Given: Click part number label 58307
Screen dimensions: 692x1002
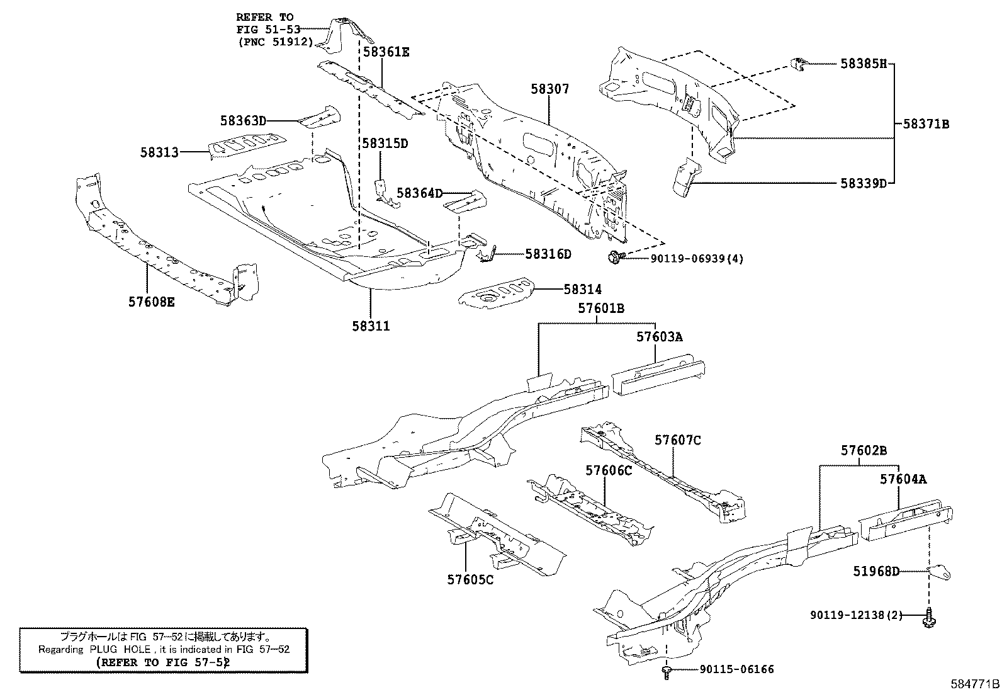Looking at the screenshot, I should [549, 89].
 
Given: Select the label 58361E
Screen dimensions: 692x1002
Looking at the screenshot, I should [386, 52].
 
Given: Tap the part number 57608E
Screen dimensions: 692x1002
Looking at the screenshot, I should [152, 302].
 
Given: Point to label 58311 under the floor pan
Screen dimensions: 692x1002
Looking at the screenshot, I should [371, 326].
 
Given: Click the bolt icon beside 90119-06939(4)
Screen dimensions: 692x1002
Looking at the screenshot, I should [615, 257].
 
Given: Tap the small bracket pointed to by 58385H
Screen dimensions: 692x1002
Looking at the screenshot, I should [799, 64].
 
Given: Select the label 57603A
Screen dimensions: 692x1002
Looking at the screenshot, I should [659, 337].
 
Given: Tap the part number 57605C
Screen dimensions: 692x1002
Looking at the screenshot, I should [470, 579].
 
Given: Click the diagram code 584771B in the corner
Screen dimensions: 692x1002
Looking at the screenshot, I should [974, 684].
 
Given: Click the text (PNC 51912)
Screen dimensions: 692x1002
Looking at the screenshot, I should [275, 42].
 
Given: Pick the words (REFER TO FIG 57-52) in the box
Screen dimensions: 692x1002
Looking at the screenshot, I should [163, 662].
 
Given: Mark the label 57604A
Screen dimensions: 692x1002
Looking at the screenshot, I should [903, 479].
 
